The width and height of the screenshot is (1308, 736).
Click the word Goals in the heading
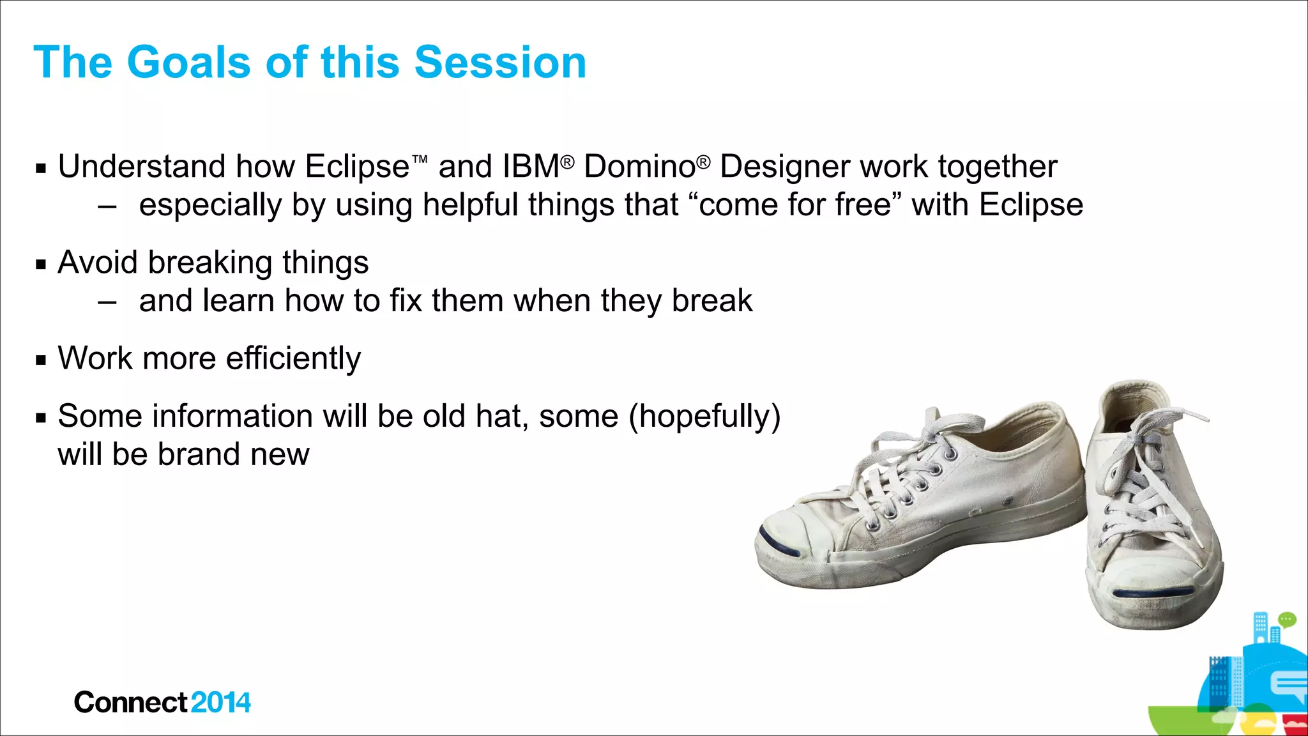click(x=189, y=63)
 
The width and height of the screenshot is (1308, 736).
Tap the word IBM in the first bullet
click(x=531, y=167)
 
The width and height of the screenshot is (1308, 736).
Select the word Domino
click(x=639, y=167)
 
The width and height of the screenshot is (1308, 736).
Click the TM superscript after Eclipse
click(x=420, y=158)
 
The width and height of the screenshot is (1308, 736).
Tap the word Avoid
click(x=96, y=263)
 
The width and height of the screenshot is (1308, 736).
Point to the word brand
click(x=199, y=454)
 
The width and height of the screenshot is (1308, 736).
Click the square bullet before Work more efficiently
click(x=42, y=360)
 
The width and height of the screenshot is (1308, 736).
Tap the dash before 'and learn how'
click(x=107, y=302)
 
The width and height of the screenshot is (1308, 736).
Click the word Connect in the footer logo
click(x=131, y=703)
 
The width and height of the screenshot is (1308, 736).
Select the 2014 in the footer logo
click(x=220, y=703)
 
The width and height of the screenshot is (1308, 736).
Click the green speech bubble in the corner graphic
click(x=1287, y=619)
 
